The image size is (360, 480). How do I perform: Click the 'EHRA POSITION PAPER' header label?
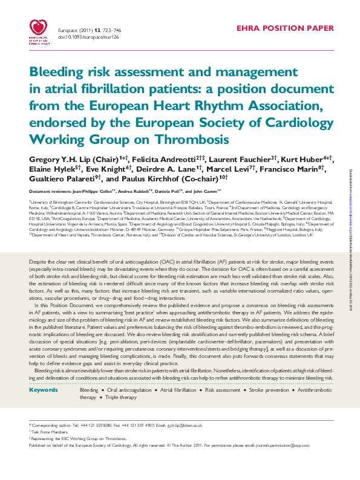tap(284, 28)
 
